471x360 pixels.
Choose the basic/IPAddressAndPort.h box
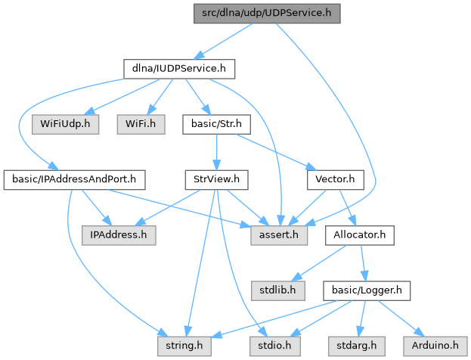pos(75,179)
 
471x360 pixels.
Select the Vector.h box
pos(336,179)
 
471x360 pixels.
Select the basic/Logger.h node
pos(367,290)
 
